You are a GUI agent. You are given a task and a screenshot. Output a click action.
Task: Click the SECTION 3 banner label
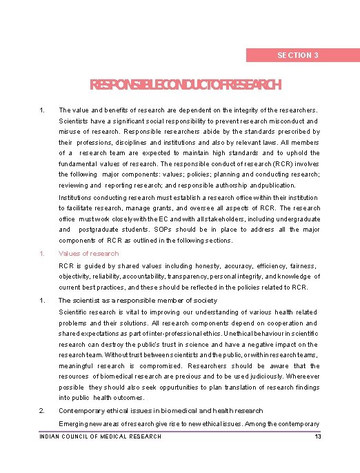(297, 55)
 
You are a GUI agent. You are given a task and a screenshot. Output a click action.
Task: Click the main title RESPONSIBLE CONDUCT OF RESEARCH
(186, 85)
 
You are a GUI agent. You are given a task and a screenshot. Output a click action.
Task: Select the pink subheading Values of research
(88, 253)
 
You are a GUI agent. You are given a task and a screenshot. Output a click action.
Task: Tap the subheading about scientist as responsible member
(138, 300)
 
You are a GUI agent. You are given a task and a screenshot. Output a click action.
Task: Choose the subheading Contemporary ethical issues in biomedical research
(160, 410)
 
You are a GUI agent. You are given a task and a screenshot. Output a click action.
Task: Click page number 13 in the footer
(317, 436)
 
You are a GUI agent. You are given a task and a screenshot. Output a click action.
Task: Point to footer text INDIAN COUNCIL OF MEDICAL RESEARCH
(101, 436)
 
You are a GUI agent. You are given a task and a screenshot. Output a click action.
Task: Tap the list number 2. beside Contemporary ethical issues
(43, 410)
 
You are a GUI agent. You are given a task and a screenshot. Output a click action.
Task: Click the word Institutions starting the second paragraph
(79, 197)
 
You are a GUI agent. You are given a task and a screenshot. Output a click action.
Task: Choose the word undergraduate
(297, 219)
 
